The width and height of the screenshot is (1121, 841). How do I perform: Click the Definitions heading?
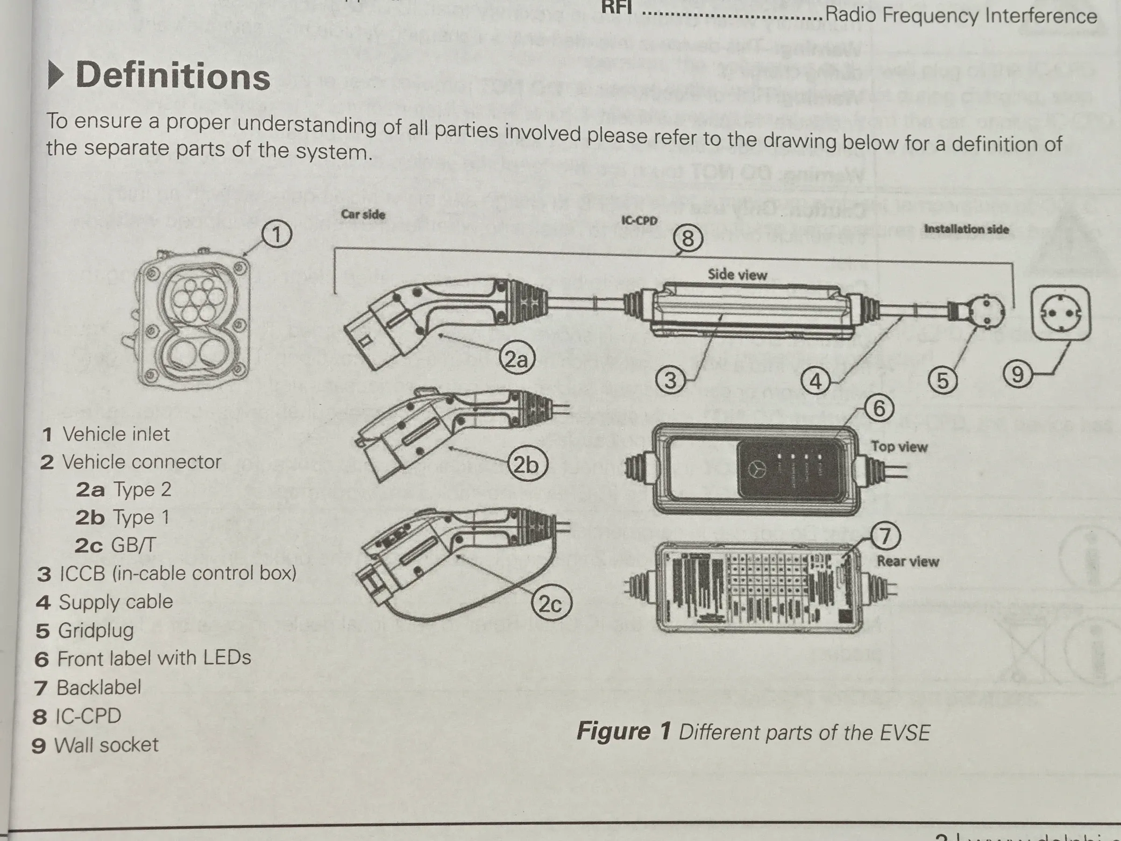[172, 76]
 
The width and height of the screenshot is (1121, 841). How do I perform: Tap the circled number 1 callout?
[277, 235]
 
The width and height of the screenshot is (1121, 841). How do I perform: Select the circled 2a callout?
[517, 359]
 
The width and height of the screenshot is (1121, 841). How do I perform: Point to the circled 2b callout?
[526, 464]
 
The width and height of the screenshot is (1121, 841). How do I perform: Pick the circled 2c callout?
[550, 604]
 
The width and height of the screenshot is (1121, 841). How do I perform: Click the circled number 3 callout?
[670, 380]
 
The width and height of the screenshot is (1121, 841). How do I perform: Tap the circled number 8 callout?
[688, 238]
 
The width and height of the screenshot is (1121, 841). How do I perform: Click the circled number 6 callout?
[879, 408]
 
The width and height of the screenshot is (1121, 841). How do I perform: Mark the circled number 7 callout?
[885, 536]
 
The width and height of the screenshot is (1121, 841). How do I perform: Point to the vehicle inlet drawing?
[192, 320]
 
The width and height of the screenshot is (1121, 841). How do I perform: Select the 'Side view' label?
[738, 275]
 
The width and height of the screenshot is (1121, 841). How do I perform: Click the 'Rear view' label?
[908, 561]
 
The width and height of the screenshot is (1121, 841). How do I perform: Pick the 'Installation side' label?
[966, 229]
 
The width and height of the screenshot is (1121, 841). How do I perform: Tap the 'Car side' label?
[363, 214]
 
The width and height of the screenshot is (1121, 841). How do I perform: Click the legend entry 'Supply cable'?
[115, 602]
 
